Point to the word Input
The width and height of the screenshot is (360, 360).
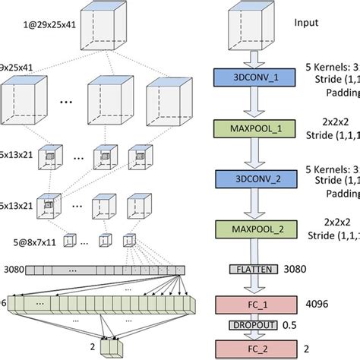pyautogui.click(x=307, y=23)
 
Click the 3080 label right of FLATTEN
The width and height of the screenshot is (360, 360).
pyautogui.click(x=295, y=268)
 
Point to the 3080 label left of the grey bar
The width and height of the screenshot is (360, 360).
pyautogui.click(x=14, y=269)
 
